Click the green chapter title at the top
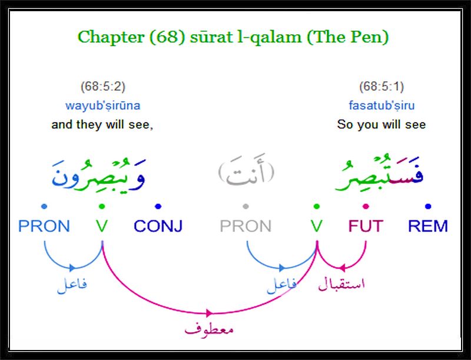(233, 37)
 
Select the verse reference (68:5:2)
(102, 87)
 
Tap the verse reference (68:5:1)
(382, 87)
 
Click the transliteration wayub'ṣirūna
(102, 105)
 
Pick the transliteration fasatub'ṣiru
(382, 105)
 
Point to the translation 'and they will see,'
(102, 124)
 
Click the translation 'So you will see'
(382, 124)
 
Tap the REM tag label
(428, 226)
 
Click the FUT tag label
(366, 226)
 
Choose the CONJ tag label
(158, 226)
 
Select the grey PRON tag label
(246, 226)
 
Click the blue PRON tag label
(44, 226)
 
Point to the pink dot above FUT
(366, 206)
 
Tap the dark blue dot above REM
(428, 206)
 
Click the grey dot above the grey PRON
(246, 206)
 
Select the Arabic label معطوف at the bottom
(209, 329)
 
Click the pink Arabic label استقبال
(341, 283)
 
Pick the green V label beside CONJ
(102, 226)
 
